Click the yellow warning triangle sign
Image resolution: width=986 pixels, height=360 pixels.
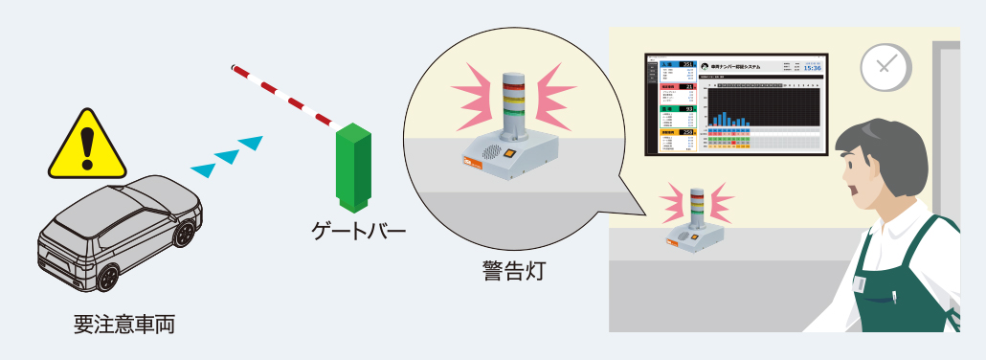87,146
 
